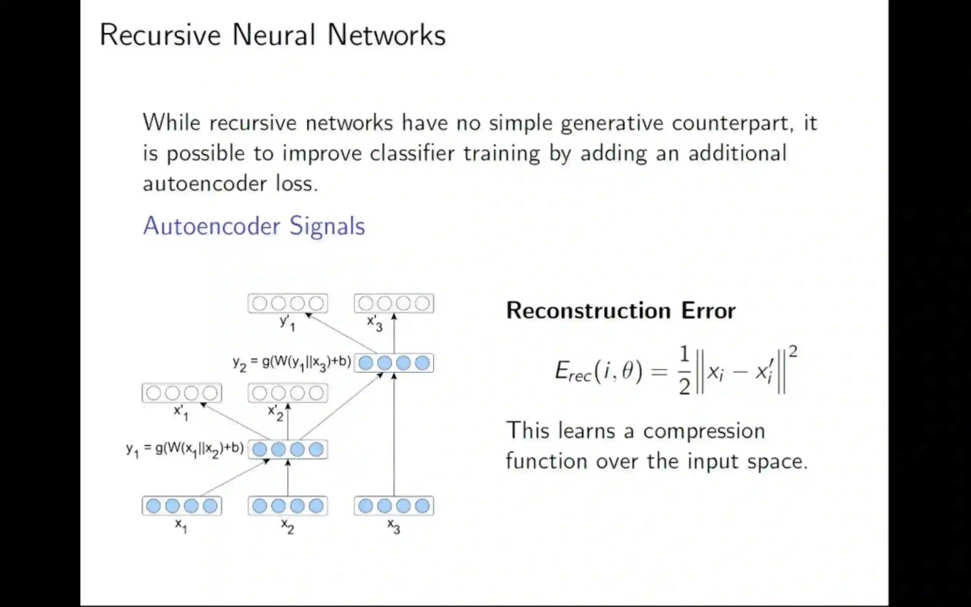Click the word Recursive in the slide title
pyautogui.click(x=160, y=35)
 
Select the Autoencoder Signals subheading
pyautogui.click(x=254, y=226)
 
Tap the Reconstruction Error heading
pyautogui.click(x=621, y=310)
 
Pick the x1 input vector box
pyautogui.click(x=182, y=506)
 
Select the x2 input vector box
pyautogui.click(x=288, y=506)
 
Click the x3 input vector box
pyautogui.click(x=394, y=506)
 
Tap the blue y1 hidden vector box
pyautogui.click(x=288, y=449)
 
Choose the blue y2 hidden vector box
pyautogui.click(x=394, y=363)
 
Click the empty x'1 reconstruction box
pyautogui.click(x=182, y=393)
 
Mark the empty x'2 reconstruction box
pyautogui.click(x=288, y=393)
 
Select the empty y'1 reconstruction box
pyautogui.click(x=288, y=303)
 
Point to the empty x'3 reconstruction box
pyautogui.click(x=394, y=303)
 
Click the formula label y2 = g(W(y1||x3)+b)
pyautogui.click(x=292, y=363)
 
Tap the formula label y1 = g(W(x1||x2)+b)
pyautogui.click(x=185, y=449)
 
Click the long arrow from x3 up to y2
pyautogui.click(x=394, y=437)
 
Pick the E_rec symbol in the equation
pyautogui.click(x=573, y=372)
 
